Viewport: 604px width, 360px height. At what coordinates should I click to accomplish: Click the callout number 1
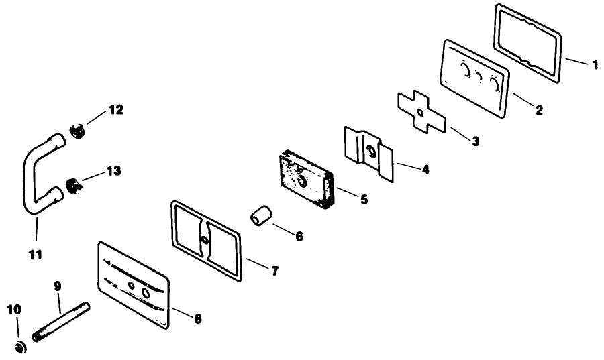coord(595,64)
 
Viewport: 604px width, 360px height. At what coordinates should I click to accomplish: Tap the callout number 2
coord(540,110)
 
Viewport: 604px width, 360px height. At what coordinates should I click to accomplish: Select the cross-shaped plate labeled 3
coord(421,112)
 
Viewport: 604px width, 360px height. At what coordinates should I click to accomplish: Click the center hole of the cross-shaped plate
coord(420,113)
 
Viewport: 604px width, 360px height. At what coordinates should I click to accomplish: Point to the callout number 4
coord(425,169)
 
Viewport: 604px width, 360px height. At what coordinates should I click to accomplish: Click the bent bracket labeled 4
coord(368,154)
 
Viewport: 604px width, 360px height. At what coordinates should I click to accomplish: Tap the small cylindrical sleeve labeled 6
coord(262,216)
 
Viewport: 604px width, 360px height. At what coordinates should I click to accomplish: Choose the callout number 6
coord(299,236)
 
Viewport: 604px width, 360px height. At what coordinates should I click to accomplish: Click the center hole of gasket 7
coord(205,241)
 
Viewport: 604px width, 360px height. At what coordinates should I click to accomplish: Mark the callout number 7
coord(274,271)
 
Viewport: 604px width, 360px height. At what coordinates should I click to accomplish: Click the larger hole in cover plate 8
coord(146,293)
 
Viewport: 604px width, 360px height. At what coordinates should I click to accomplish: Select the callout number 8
coord(197,318)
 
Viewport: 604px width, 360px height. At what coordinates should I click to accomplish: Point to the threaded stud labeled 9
coord(61,322)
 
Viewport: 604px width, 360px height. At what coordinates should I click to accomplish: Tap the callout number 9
coord(58,286)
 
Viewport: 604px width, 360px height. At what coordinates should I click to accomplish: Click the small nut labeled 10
coord(20,347)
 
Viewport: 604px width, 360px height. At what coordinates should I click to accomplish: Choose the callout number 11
coord(36,255)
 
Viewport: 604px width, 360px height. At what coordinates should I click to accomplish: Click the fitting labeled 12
coord(78,131)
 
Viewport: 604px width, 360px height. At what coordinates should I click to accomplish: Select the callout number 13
coord(113,171)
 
